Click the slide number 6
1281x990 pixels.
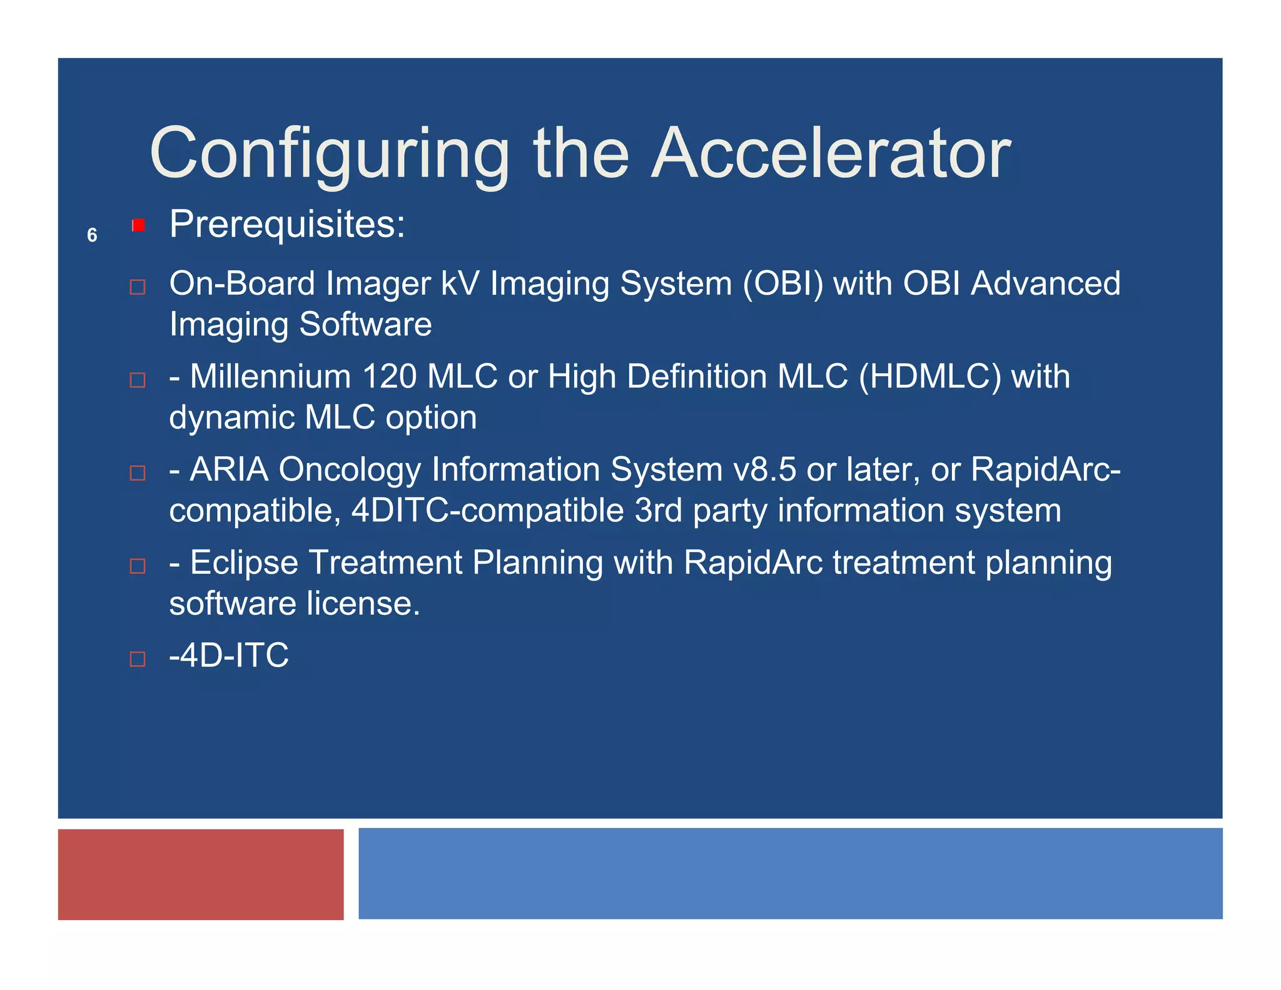point(92,235)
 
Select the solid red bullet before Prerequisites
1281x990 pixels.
point(139,225)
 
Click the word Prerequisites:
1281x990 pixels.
point(287,224)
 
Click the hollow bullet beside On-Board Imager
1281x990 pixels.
point(138,287)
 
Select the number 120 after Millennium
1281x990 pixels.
point(389,377)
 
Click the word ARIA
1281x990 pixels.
point(229,469)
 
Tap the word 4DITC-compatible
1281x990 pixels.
point(487,511)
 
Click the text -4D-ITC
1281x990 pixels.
point(229,655)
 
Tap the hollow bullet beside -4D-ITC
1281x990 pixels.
point(138,659)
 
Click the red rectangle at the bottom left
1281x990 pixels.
point(201,874)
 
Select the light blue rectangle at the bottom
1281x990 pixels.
point(790,874)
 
